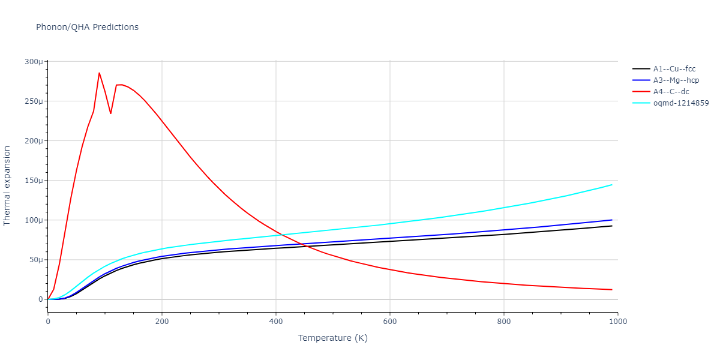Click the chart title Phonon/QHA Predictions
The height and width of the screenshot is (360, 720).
[x=87, y=27]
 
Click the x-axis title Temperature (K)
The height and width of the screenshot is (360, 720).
[x=332, y=338]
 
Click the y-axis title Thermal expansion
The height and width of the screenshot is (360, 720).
[x=7, y=185]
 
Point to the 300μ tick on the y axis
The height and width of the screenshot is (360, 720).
[x=34, y=62]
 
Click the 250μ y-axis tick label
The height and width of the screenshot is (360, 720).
[x=34, y=101]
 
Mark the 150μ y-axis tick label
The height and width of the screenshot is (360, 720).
[x=34, y=181]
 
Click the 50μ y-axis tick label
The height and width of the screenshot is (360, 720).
[x=35, y=260]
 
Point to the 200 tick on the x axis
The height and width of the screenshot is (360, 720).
[x=162, y=321]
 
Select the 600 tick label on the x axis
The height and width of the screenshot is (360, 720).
[x=390, y=321]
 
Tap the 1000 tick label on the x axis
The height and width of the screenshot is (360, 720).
[x=618, y=321]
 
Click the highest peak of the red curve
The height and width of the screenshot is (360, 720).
[x=99, y=73]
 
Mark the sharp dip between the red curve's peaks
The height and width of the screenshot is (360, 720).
[x=110, y=113]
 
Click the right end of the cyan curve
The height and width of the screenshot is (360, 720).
[x=612, y=185]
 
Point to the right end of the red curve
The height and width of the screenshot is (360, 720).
[x=612, y=290]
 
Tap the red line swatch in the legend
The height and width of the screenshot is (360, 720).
[x=641, y=91]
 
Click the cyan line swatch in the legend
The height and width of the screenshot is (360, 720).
[x=641, y=103]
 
